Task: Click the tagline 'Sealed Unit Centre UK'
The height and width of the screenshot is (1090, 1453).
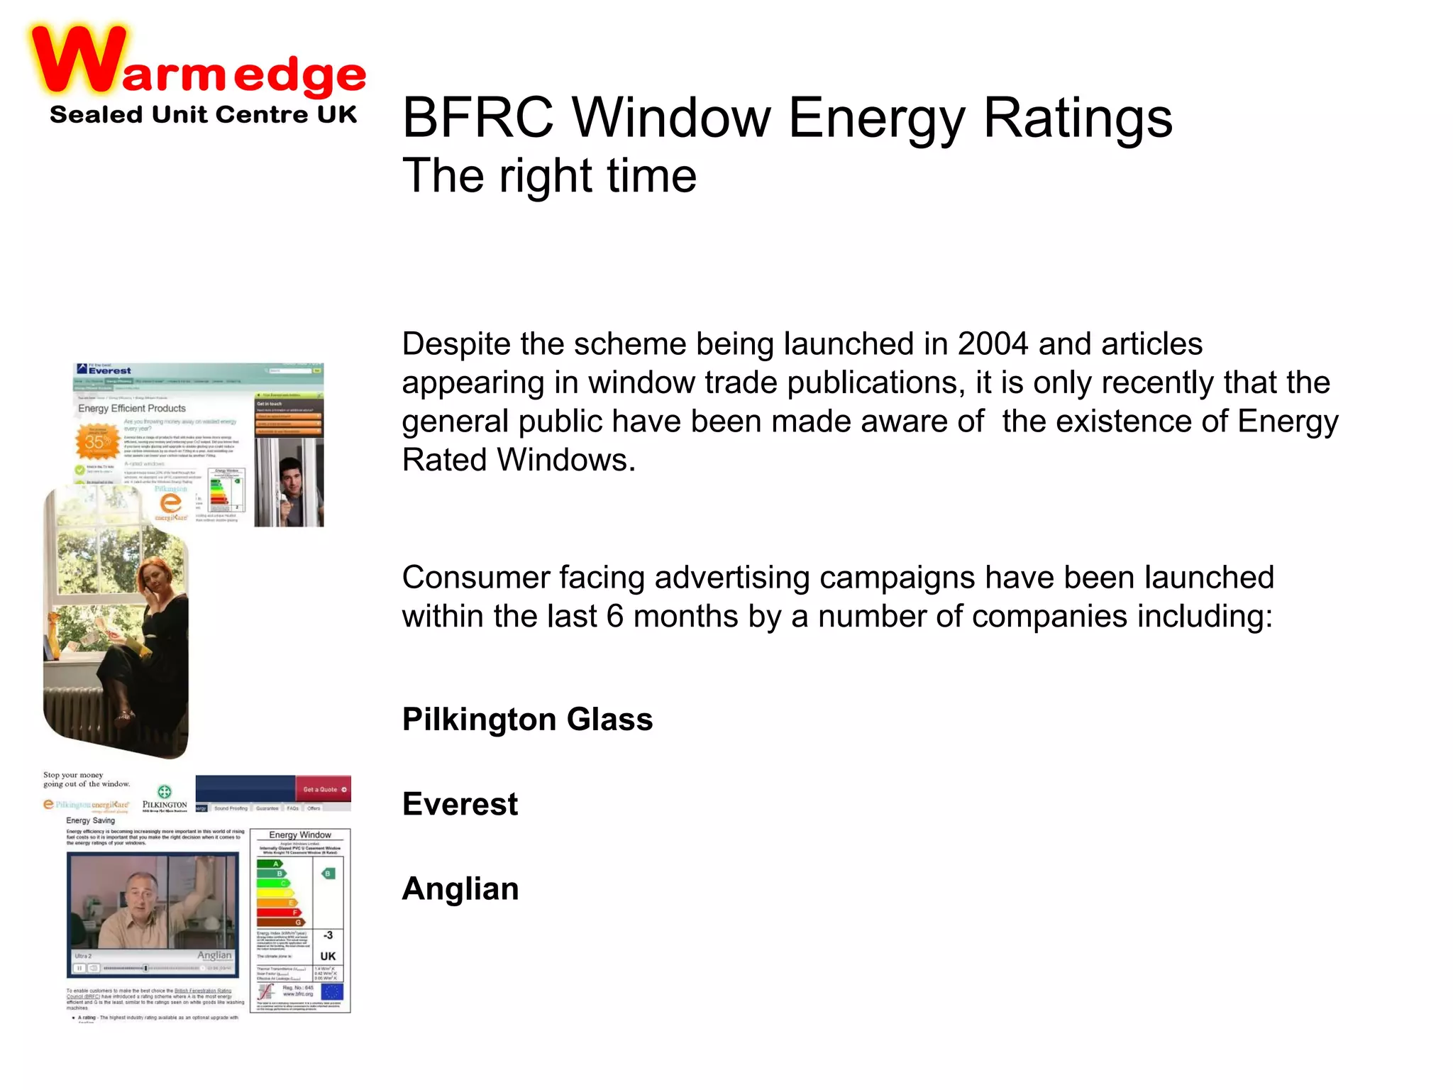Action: point(203,114)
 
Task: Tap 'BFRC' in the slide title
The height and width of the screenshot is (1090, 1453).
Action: point(477,117)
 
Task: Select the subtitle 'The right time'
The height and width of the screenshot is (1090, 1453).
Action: point(549,175)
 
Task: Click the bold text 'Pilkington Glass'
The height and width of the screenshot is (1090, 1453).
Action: point(527,719)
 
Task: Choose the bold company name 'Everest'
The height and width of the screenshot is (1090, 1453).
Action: point(460,804)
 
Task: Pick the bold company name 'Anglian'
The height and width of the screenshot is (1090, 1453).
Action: point(460,888)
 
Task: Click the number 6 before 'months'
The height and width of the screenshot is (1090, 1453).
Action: point(614,616)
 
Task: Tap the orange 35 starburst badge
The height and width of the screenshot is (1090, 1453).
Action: point(96,441)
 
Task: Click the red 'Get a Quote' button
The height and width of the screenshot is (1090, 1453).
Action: point(324,789)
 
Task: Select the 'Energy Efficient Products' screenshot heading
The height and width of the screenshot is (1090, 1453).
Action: point(132,409)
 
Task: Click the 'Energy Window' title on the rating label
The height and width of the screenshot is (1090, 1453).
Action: point(300,835)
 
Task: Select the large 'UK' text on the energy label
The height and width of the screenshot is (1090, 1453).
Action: point(328,957)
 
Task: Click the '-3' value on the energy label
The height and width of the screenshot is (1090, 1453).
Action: point(328,935)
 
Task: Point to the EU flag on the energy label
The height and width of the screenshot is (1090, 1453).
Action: point(332,992)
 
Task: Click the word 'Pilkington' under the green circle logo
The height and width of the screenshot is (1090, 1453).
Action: point(165,805)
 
